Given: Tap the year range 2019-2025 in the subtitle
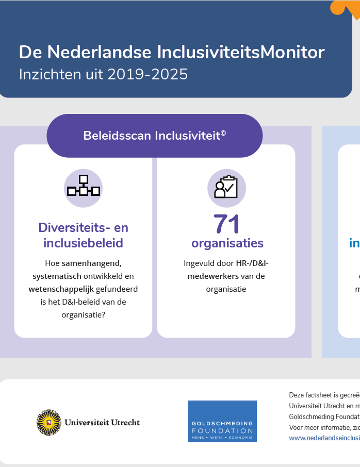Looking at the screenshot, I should pos(148,74).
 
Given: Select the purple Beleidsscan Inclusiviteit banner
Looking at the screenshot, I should pos(154,136).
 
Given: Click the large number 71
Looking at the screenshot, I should pos(227,224).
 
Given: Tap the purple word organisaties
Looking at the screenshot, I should pos(227,243).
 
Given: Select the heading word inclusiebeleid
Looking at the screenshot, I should pos(83,243).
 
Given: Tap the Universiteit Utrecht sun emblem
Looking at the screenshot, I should pos(48,422).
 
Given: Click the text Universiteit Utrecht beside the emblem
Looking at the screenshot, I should pos(102,423).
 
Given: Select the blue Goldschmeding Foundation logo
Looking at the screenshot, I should pos(222,421).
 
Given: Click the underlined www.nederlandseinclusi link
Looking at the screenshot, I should pos(324,438).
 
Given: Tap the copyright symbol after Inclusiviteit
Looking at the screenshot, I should pos(223,134).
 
